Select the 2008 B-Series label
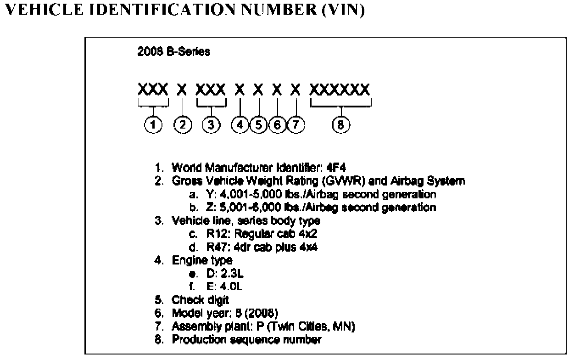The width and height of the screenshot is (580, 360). (174, 52)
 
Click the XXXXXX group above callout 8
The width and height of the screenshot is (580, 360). (340, 89)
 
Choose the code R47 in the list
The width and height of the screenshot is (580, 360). (217, 247)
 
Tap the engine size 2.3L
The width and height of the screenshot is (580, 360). (228, 274)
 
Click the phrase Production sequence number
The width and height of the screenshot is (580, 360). (246, 340)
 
